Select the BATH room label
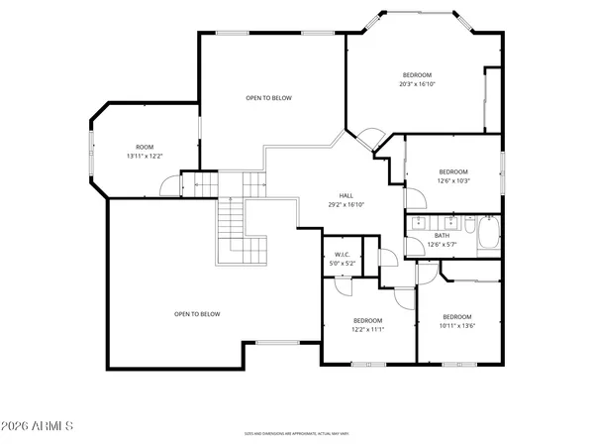[442, 236]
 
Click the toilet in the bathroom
[488, 221]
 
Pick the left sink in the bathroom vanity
[420, 221]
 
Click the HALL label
[346, 195]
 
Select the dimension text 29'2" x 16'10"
[346, 204]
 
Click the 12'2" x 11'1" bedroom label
[368, 324]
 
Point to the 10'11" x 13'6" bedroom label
[456, 320]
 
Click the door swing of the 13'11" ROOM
[169, 183]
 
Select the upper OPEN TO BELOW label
[268, 98]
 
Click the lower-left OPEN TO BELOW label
[197, 314]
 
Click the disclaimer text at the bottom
[297, 433]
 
